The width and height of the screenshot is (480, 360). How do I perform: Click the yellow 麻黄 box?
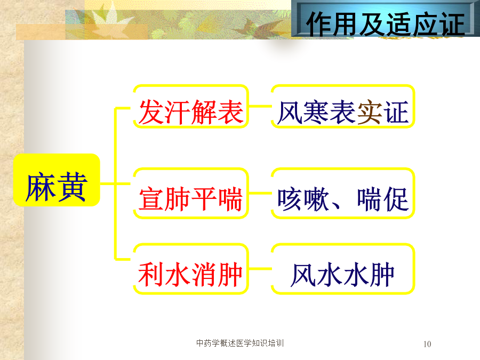[57, 180]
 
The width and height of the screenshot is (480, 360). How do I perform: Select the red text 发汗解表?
[191, 112]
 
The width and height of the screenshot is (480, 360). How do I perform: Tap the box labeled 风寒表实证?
[343, 106]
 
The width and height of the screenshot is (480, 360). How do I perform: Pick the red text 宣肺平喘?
[191, 199]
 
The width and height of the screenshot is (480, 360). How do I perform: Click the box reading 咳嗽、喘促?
[343, 193]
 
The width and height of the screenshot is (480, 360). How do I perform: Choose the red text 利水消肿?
[190, 275]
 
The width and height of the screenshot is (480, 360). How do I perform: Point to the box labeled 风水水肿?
[343, 269]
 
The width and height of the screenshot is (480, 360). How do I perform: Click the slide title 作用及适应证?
[385, 24]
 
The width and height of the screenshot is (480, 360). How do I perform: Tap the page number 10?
[427, 344]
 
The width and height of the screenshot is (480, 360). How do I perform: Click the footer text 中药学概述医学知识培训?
[240, 343]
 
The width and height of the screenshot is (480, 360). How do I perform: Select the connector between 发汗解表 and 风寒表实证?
[260, 106]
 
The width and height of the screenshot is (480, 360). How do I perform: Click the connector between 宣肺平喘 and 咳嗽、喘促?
[260, 193]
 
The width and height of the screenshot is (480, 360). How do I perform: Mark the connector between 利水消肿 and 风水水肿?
[260, 269]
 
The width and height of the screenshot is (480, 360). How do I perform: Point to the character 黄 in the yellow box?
[72, 187]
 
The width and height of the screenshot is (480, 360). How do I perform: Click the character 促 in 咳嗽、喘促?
[396, 199]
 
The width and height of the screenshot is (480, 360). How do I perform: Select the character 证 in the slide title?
[452, 25]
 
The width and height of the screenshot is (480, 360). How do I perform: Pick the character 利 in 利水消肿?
[151, 275]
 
